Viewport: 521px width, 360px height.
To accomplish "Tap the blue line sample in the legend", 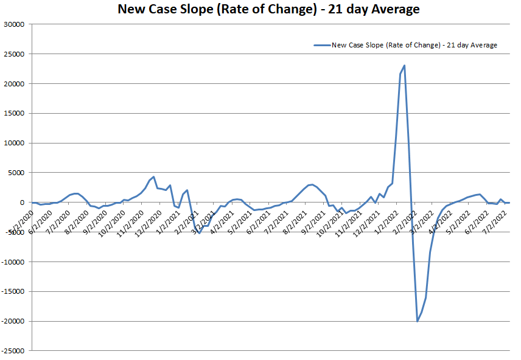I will point(321,45).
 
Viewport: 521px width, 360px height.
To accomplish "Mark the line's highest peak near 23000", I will point(405,65).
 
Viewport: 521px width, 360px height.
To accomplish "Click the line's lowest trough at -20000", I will point(418,321).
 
